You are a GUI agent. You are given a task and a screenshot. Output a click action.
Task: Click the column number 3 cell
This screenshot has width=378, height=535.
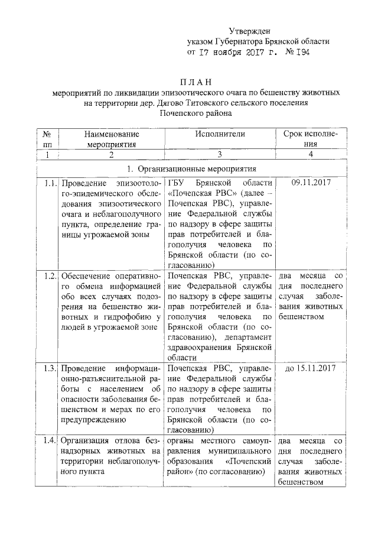click(x=220, y=154)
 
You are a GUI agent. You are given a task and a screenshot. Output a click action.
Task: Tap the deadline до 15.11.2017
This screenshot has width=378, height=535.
click(x=311, y=368)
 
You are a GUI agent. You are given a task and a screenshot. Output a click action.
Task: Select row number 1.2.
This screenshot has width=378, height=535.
click(x=49, y=275)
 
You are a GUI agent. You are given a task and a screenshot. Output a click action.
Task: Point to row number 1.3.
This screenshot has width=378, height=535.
click(x=49, y=368)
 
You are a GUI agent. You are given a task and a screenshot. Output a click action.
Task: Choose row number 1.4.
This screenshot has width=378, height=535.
click(x=49, y=440)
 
